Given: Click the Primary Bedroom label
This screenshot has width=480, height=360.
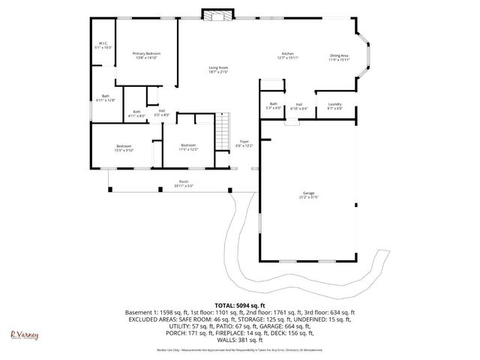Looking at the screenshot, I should click(146, 55).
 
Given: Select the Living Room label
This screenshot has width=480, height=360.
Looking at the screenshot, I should click(218, 70).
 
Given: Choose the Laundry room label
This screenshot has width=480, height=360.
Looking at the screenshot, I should click(334, 106).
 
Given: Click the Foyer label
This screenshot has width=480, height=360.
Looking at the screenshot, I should click(244, 142).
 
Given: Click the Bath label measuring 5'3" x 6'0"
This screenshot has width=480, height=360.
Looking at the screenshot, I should click(274, 106).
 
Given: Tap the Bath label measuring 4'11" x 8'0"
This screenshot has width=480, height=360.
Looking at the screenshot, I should click(136, 114).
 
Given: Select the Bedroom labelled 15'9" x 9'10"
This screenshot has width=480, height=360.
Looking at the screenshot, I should click(124, 147).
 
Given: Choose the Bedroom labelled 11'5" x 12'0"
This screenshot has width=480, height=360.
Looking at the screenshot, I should click(187, 147).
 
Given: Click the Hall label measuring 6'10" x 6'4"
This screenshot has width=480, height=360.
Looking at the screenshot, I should click(298, 106).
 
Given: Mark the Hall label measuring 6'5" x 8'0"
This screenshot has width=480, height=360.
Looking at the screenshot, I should click(162, 114).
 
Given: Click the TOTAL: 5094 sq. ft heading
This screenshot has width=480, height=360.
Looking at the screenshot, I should click(240, 304).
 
